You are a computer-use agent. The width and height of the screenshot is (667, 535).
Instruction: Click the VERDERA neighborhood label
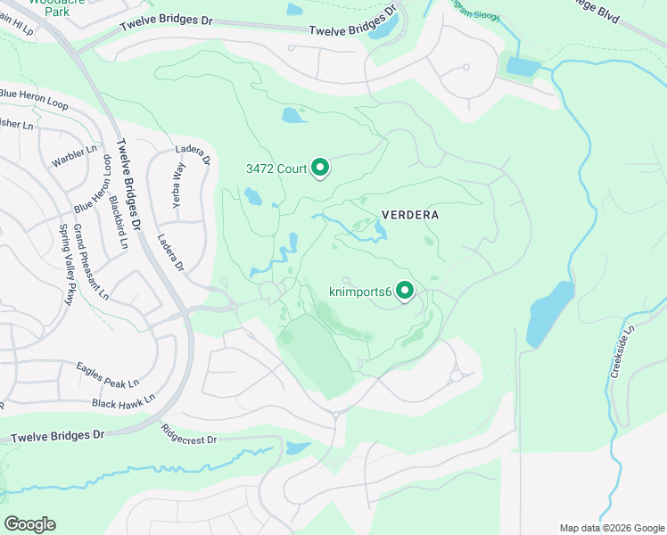click(411, 215)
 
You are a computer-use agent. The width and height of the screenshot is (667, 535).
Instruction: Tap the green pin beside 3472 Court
click(320, 168)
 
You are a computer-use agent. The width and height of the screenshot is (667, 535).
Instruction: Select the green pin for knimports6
click(405, 291)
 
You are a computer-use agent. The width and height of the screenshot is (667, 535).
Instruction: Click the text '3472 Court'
click(276, 169)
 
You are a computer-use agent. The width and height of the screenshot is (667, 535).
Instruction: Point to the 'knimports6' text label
click(361, 291)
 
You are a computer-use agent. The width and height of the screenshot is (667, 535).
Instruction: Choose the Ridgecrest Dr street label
click(189, 440)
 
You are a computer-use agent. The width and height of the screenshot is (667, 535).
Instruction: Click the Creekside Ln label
click(622, 352)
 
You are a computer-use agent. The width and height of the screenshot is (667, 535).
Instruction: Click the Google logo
click(29, 523)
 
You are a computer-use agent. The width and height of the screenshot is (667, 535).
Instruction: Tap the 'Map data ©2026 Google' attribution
click(611, 528)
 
